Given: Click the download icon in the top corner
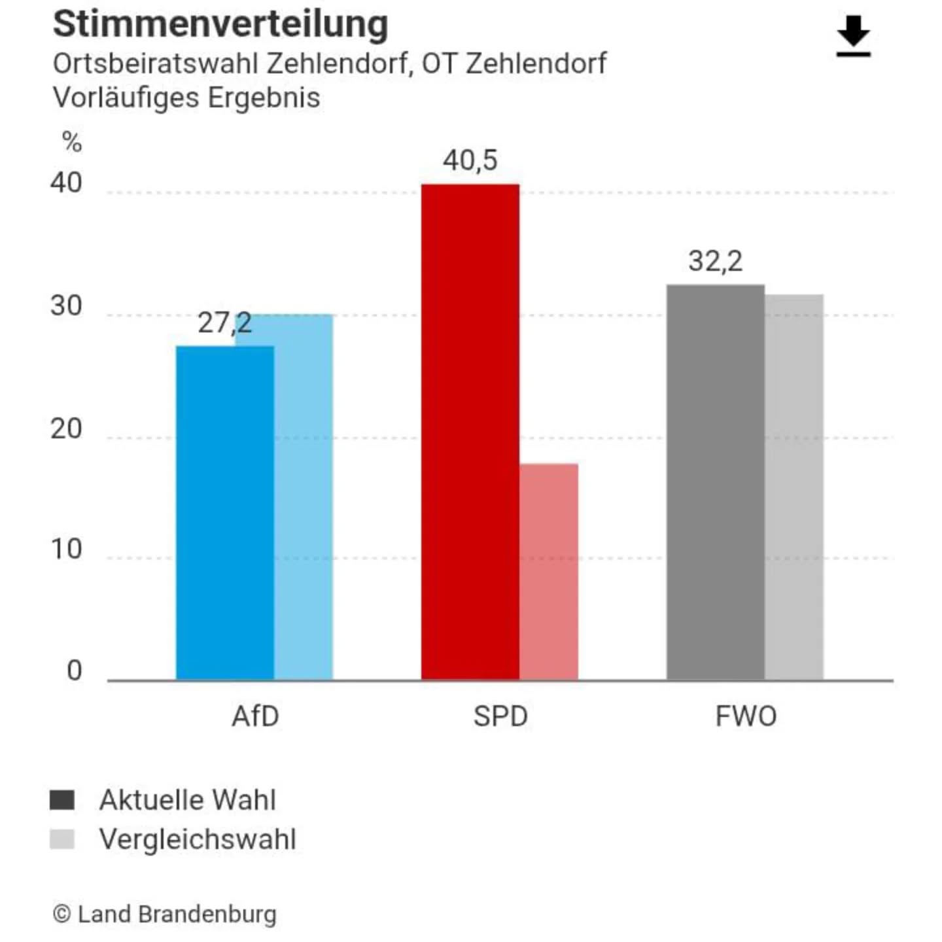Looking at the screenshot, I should click(853, 37).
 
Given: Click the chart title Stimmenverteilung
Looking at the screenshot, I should click(220, 24).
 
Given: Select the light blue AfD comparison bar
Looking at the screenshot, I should click(304, 497).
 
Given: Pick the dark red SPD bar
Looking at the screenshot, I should click(470, 432).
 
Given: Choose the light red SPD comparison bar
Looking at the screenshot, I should click(549, 572).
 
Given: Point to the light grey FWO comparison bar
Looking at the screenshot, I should click(794, 487).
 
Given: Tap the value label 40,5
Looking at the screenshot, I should click(470, 160).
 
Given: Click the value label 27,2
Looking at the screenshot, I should click(224, 323).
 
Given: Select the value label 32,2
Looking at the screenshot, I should click(715, 261).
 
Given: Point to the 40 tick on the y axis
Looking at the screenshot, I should click(66, 183).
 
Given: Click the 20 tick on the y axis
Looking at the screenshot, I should click(66, 429).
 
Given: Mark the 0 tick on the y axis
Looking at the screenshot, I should click(74, 671).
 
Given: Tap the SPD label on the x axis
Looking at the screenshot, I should click(500, 716).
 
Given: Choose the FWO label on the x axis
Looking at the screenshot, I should click(746, 716).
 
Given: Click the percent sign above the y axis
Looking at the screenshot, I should click(72, 141).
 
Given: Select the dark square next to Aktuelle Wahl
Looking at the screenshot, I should click(62, 799).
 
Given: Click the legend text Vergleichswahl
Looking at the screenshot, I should click(198, 839).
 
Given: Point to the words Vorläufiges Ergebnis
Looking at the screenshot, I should click(186, 97).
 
